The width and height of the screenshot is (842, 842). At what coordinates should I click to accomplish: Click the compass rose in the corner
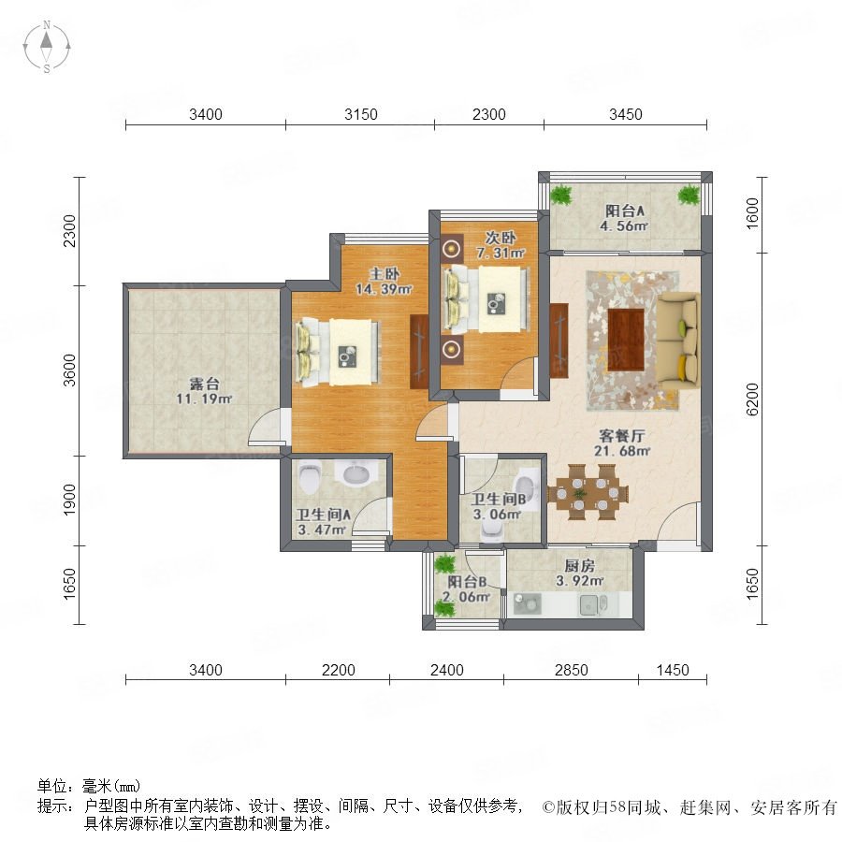pyautogui.click(x=47, y=47)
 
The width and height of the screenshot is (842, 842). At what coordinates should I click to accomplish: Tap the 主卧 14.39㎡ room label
pyautogui.click(x=384, y=282)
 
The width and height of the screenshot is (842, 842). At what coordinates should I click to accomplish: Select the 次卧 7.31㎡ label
pyautogui.click(x=501, y=245)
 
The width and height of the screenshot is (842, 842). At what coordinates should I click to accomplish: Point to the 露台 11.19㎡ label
pyautogui.click(x=204, y=391)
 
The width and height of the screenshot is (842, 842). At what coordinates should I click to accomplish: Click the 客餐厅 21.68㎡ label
pyautogui.click(x=622, y=443)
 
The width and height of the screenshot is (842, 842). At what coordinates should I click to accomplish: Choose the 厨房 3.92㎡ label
pyautogui.click(x=579, y=573)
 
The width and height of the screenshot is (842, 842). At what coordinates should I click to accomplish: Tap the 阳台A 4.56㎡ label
pyautogui.click(x=624, y=218)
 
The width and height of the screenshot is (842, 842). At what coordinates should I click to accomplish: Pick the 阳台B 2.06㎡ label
pyautogui.click(x=467, y=589)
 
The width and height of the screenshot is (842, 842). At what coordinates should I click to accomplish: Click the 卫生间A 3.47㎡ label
pyautogui.click(x=323, y=522)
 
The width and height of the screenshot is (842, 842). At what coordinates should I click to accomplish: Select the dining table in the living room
pyautogui.click(x=588, y=492)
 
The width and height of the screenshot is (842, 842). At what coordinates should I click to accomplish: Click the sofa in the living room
pyautogui.click(x=679, y=341)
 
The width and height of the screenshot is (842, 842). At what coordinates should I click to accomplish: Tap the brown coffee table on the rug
pyautogui.click(x=626, y=340)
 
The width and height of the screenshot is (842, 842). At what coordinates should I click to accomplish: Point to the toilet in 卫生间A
pyautogui.click(x=310, y=477)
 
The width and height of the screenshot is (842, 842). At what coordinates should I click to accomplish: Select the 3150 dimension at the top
pyautogui.click(x=361, y=114)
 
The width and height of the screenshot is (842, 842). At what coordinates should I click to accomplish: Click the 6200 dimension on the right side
pyautogui.click(x=752, y=399)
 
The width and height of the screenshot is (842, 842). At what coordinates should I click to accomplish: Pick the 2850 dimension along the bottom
pyautogui.click(x=572, y=670)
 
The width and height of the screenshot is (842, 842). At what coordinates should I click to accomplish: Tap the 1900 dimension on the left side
pyautogui.click(x=70, y=500)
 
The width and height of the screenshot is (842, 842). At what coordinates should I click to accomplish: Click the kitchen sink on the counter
pyautogui.click(x=593, y=605)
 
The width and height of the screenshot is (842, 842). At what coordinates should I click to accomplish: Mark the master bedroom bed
pyautogui.click(x=338, y=353)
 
